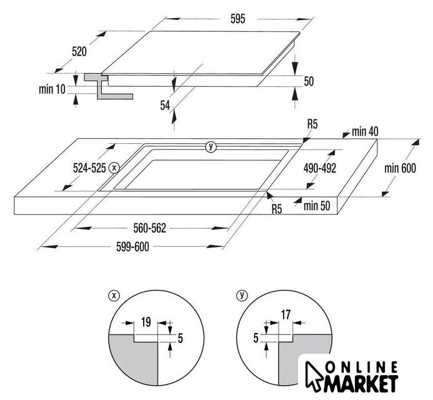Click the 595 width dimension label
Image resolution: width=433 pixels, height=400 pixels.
[238, 19]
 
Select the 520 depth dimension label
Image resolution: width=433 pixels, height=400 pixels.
[79, 52]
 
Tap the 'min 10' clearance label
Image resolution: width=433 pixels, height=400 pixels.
[52, 89]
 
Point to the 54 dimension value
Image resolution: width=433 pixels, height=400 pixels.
[165, 105]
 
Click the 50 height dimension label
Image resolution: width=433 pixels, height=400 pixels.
[309, 81]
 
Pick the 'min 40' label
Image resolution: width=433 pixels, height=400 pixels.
[365, 132]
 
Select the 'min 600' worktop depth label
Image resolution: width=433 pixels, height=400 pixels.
[400, 168]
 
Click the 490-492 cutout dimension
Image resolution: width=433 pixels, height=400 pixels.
[320, 168]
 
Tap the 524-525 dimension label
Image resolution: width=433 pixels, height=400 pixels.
[89, 168]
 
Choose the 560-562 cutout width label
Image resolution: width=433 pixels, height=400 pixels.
[150, 228]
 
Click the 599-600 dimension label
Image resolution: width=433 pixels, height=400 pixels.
[132, 247]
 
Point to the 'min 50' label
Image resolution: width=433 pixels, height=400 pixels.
[317, 206]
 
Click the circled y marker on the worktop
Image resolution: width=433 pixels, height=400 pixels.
[211, 147]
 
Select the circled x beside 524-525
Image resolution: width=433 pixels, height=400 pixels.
[114, 167]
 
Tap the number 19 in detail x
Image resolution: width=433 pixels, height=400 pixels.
[146, 322]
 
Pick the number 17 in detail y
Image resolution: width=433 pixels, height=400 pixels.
[286, 314]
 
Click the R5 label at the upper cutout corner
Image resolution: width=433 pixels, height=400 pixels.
[312, 124]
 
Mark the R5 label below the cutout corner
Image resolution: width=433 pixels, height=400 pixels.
[277, 209]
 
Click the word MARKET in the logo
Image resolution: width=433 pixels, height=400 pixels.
[361, 383]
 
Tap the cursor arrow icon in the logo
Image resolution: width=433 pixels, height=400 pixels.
[314, 375]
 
